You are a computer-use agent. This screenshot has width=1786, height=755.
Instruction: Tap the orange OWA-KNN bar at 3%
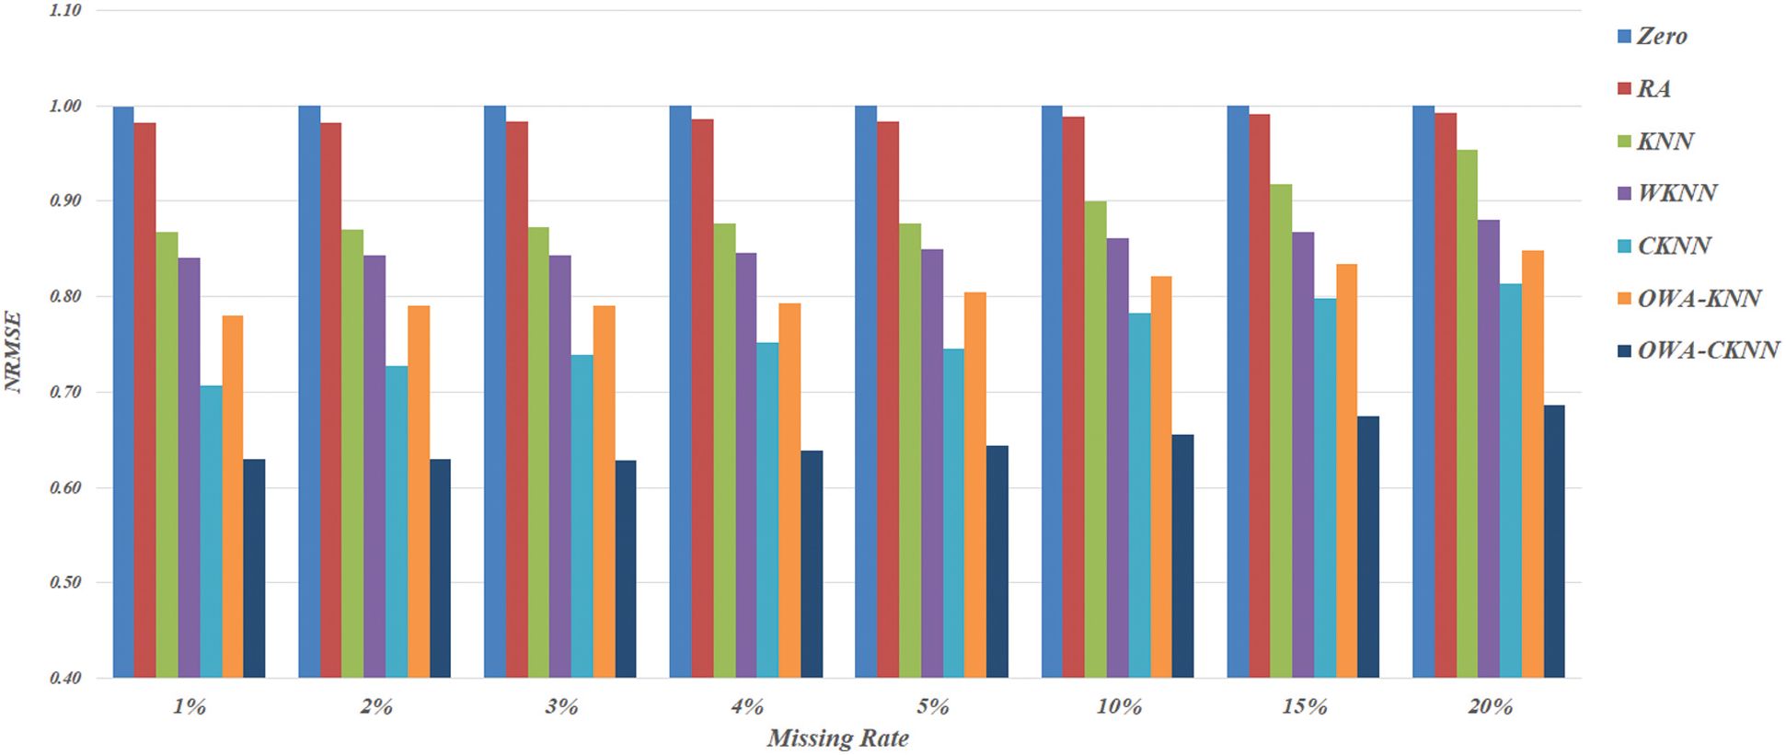pos(605,492)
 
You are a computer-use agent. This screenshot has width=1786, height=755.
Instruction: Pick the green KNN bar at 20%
pos(1467,414)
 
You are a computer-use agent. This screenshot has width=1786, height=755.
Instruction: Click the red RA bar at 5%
pos(888,400)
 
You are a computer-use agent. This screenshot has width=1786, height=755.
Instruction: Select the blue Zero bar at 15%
pos(1238,392)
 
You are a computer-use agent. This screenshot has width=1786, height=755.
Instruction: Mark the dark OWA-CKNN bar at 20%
pos(1554,542)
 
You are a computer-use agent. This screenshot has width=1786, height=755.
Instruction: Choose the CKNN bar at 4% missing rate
pos(767,510)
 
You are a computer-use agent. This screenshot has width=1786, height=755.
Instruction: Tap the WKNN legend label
pos(1677,193)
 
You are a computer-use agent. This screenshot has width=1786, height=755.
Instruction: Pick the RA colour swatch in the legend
pos(1624,89)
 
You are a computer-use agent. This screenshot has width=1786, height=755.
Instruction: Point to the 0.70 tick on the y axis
pos(65,393)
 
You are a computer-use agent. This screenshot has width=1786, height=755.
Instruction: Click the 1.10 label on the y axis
pos(65,10)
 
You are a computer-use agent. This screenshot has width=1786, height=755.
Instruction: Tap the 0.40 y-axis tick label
pos(65,679)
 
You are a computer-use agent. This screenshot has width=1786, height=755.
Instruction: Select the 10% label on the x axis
pos(1119,707)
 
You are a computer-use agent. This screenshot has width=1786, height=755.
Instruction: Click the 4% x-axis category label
pos(747,707)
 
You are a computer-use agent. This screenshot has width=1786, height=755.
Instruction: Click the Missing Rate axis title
pos(837,738)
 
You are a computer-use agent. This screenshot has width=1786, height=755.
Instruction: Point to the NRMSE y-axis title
pos(13,352)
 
